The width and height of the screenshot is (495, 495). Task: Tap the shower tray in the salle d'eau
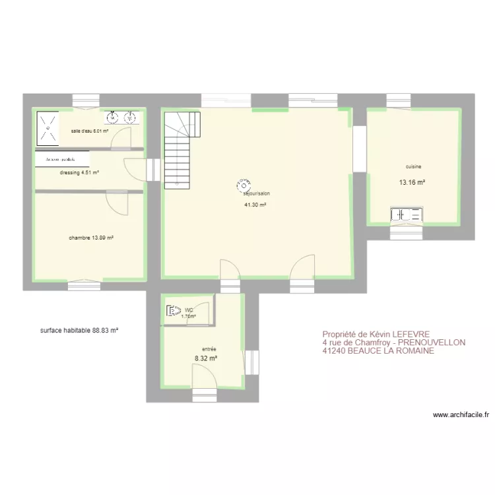pos(48,127)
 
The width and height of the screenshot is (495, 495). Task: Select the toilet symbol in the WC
pos(174,310)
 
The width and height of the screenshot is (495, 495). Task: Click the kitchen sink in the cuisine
pos(407,214)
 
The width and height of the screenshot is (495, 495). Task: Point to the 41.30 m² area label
pos(255,205)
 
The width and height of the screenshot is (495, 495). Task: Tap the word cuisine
pos(414,167)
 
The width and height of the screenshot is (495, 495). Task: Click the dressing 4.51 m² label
pos(79,173)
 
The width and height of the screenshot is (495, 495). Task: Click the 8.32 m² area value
pos(206,359)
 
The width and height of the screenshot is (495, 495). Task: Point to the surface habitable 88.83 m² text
pos(79,330)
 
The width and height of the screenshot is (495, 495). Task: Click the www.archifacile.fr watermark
pos(461,415)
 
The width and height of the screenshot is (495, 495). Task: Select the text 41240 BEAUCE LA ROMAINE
pos(378,351)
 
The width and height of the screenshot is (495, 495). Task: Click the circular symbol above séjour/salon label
pos(244,185)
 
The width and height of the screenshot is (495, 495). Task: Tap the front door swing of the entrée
pos(202,378)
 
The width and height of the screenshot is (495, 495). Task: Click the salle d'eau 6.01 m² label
pos(90,131)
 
